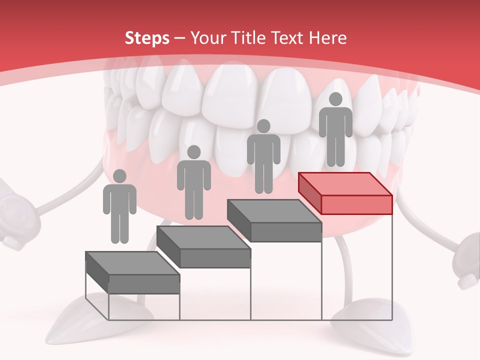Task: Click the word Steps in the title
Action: click(x=147, y=38)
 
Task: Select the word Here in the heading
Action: click(x=327, y=38)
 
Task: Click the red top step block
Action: click(x=345, y=192)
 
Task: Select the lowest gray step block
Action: click(x=132, y=272)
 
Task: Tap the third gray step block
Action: click(x=274, y=220)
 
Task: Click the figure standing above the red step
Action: click(x=335, y=131)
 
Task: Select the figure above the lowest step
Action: click(x=119, y=207)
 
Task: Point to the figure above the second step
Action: click(x=193, y=183)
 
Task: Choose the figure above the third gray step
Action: click(x=263, y=157)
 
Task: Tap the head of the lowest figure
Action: click(x=119, y=176)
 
